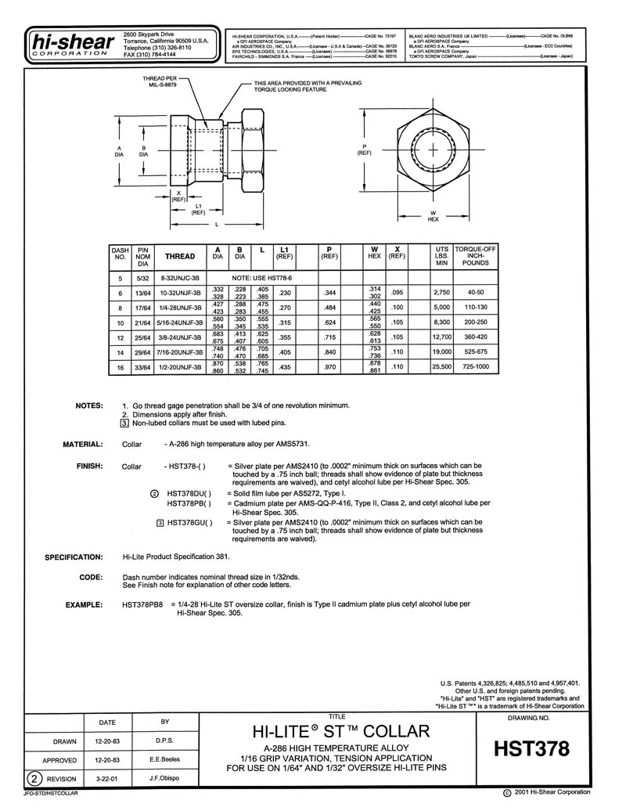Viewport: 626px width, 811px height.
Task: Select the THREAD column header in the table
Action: point(179,256)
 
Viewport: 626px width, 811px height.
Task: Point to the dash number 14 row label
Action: point(121,351)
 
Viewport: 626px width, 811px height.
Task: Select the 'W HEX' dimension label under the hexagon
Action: point(433,216)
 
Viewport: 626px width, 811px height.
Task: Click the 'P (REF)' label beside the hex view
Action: point(364,149)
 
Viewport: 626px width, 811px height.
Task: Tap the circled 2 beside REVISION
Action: point(35,779)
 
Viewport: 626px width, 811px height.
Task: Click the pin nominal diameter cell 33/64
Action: point(143,366)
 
